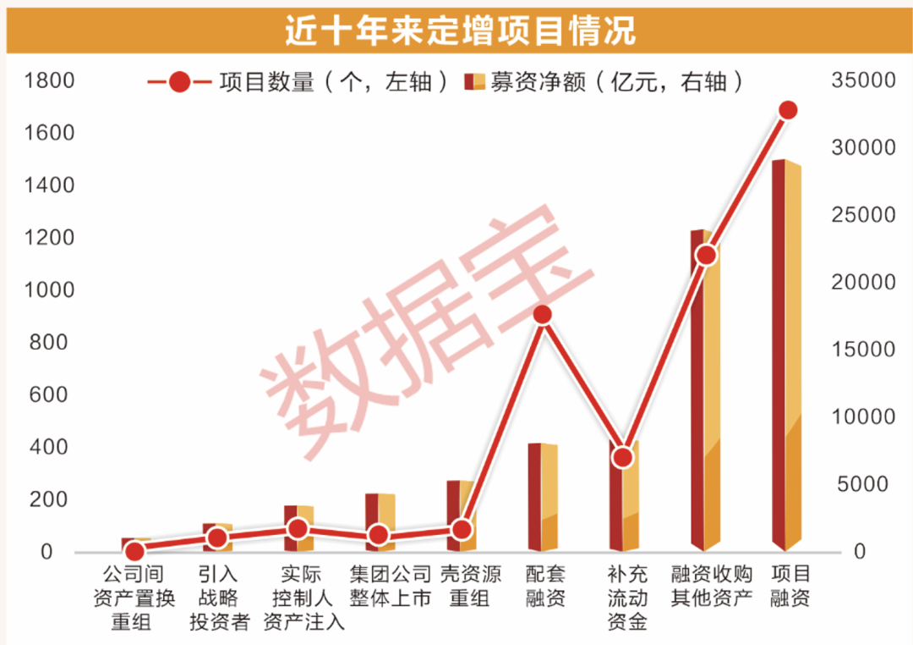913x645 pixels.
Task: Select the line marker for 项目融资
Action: [x=788, y=110]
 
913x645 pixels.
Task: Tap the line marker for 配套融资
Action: [x=543, y=315]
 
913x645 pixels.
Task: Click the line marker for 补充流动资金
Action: [x=623, y=457]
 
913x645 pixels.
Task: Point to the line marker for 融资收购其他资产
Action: [x=706, y=255]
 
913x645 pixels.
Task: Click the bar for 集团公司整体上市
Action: [x=380, y=521]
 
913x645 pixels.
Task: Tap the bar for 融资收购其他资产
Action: [x=705, y=389]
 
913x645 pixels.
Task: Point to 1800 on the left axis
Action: [x=50, y=81]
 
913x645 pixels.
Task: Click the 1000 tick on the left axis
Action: [x=50, y=290]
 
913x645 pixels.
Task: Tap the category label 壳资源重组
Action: [x=462, y=586]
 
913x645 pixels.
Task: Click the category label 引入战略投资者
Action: [x=218, y=598]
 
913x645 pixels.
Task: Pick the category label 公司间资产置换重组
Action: [x=134, y=598]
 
